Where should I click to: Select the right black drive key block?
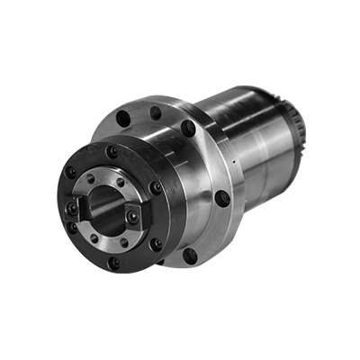click(132, 215)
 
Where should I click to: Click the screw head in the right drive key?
click(133, 216)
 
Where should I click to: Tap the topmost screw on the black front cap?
click(112, 152)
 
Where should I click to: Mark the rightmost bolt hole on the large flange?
click(222, 197)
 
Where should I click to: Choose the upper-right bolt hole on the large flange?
click(187, 128)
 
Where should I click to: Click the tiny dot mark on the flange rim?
click(232, 162)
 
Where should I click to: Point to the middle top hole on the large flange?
click(155, 112)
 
